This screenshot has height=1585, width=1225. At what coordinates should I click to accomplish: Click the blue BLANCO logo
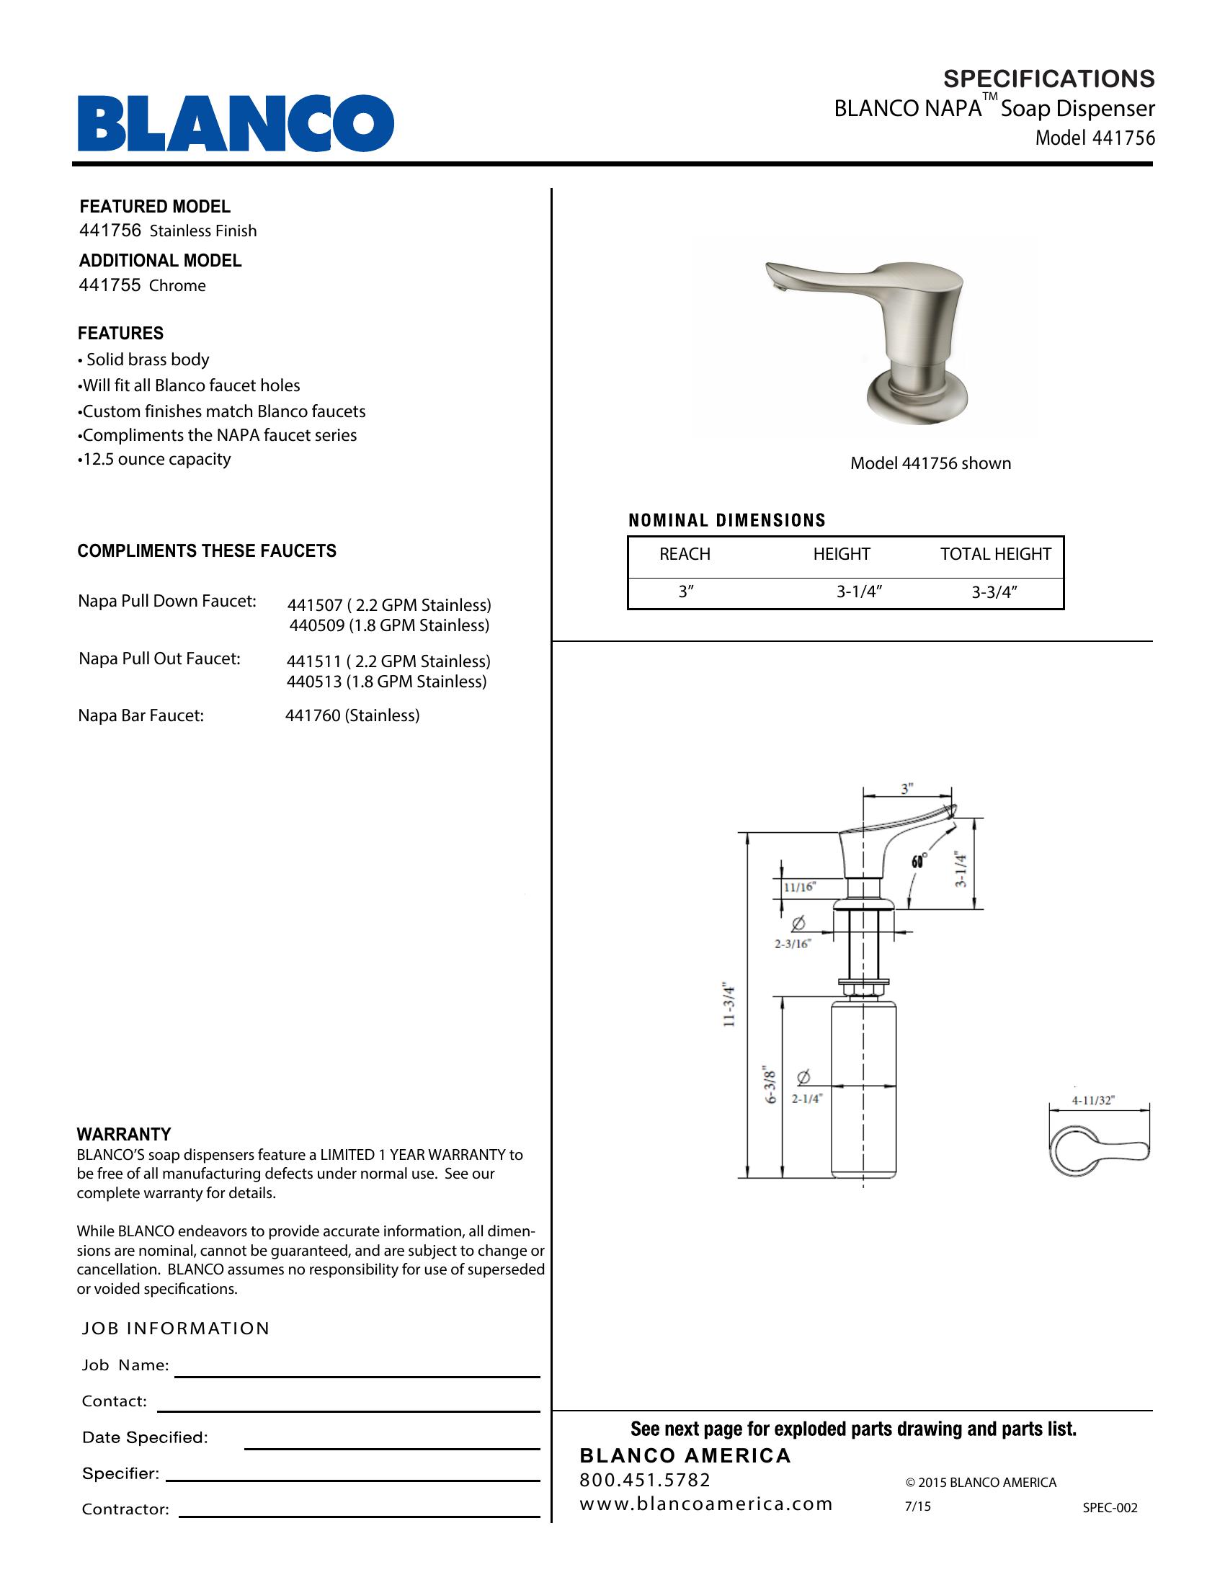point(235,122)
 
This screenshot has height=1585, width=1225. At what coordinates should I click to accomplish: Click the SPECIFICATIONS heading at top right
point(1048,79)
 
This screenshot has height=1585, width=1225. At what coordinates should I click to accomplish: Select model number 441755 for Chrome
point(110,285)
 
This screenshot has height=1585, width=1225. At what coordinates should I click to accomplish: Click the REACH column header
point(685,555)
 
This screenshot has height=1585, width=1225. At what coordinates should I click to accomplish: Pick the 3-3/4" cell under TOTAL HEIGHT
point(994,592)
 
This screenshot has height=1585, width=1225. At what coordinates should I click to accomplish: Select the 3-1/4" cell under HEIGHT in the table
point(858,592)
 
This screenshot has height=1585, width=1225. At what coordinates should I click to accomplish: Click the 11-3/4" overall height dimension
point(729,1005)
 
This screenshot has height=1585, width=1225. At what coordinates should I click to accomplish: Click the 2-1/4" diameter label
point(806,1099)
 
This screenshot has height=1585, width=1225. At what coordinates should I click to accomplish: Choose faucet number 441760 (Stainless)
point(352,715)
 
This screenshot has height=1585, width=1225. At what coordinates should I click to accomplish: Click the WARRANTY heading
point(124,1134)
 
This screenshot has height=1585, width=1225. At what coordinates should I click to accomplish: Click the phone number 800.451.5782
point(645,1479)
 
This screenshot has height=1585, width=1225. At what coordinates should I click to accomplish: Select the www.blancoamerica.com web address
point(705,1504)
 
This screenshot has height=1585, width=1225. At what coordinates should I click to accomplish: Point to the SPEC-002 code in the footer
point(1110,1507)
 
